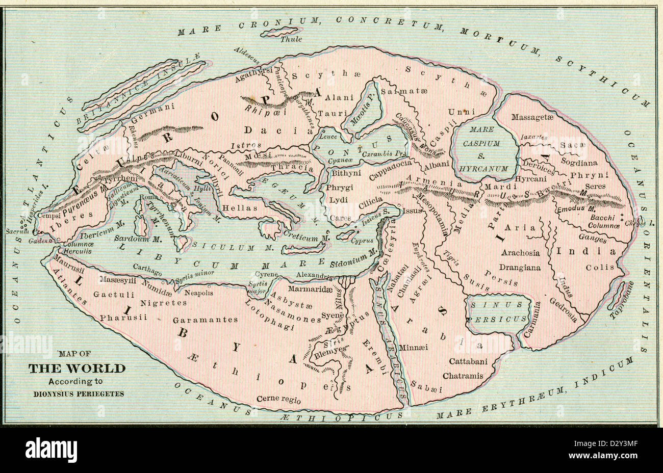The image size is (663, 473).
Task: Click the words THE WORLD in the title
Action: coord(76,369)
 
